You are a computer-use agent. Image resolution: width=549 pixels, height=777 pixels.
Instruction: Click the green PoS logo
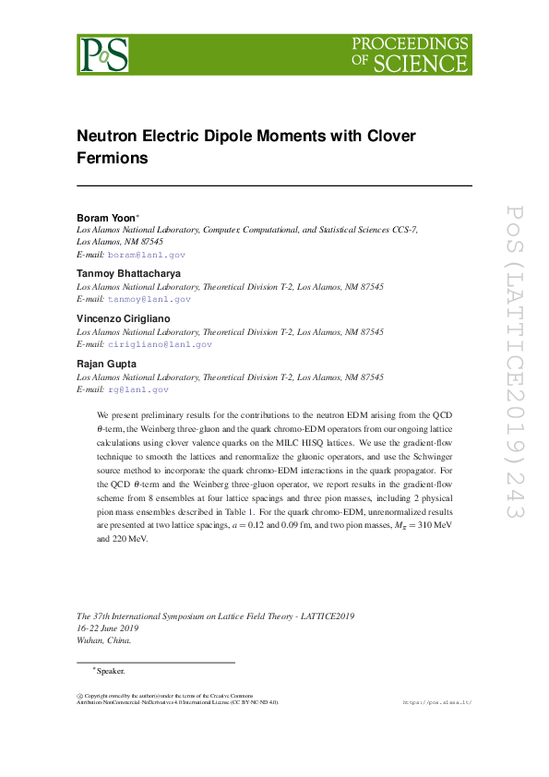tap(102, 54)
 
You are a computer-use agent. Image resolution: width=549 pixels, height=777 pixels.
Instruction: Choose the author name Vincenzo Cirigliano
tap(123, 318)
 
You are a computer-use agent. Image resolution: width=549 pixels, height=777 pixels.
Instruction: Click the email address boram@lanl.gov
tap(147, 254)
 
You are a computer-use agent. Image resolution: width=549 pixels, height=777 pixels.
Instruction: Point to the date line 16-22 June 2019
tap(111, 628)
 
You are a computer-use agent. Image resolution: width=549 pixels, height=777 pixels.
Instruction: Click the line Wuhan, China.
tap(103, 640)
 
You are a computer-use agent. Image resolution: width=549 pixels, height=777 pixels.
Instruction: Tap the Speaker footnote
tap(109, 671)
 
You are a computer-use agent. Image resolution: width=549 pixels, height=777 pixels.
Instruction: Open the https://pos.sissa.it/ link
tap(438, 702)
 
